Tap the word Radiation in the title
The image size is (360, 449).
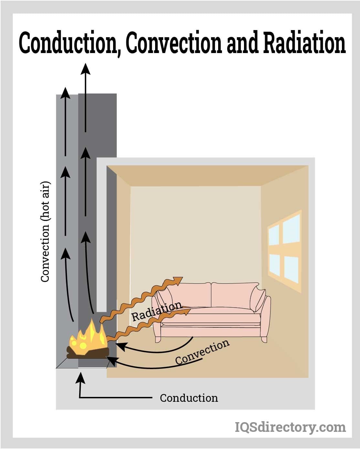pyautogui.click(x=304, y=43)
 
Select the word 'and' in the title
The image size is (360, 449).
pyautogui.click(x=242, y=43)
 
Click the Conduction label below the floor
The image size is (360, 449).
pyautogui.click(x=189, y=398)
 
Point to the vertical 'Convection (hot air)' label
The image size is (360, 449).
pyautogui.click(x=46, y=232)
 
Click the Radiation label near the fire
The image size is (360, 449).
pyautogui.click(x=156, y=312)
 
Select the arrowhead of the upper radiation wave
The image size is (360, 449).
pyautogui.click(x=178, y=280)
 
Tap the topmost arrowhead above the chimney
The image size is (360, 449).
pyautogui.click(x=86, y=69)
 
